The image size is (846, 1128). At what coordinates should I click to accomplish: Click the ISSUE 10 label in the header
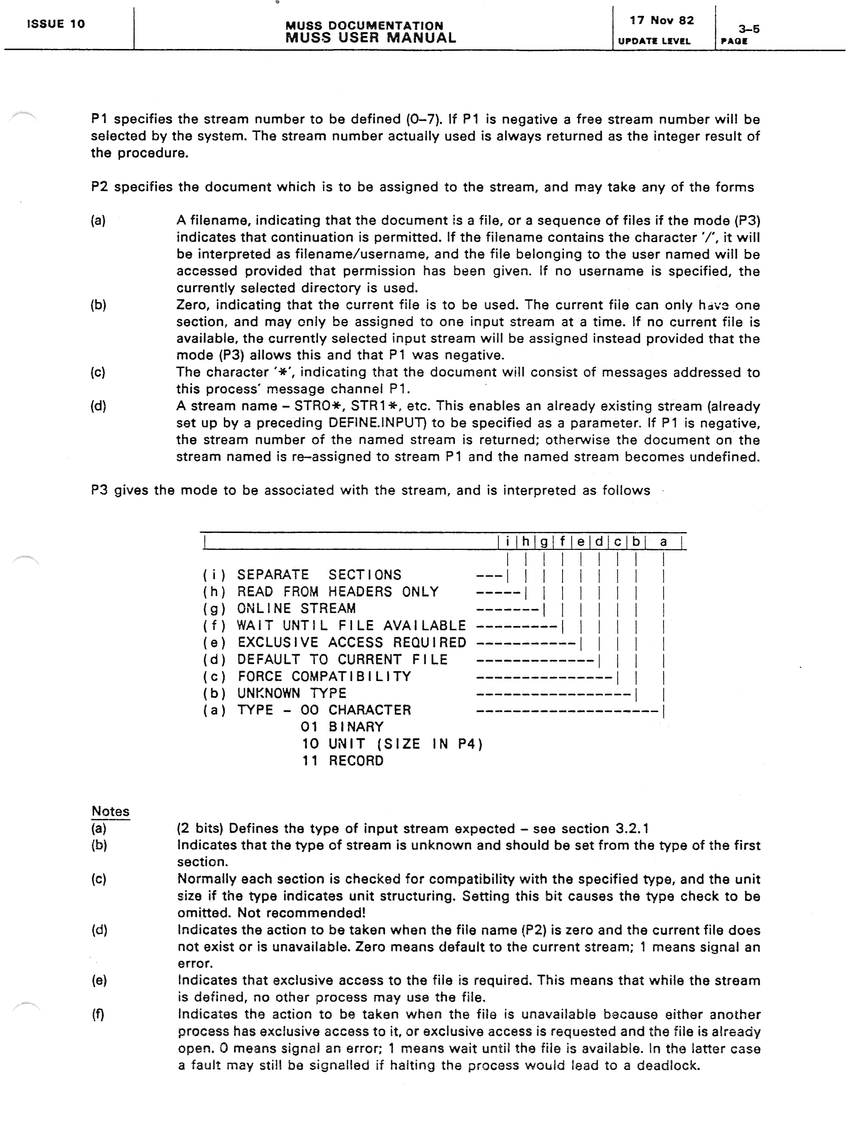click(x=56, y=24)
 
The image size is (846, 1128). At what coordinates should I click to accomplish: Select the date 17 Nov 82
click(x=661, y=20)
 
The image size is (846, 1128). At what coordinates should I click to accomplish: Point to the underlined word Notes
click(x=110, y=811)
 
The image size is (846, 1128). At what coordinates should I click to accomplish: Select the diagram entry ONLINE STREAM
click(x=296, y=608)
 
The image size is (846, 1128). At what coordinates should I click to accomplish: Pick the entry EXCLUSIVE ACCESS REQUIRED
click(x=352, y=643)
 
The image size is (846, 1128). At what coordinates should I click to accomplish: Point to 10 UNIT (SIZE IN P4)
click(x=392, y=744)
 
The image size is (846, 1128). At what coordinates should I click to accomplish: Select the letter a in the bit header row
click(x=663, y=541)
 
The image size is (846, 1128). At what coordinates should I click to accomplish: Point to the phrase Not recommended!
click(x=301, y=913)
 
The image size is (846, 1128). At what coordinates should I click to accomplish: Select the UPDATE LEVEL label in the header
click(x=654, y=41)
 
